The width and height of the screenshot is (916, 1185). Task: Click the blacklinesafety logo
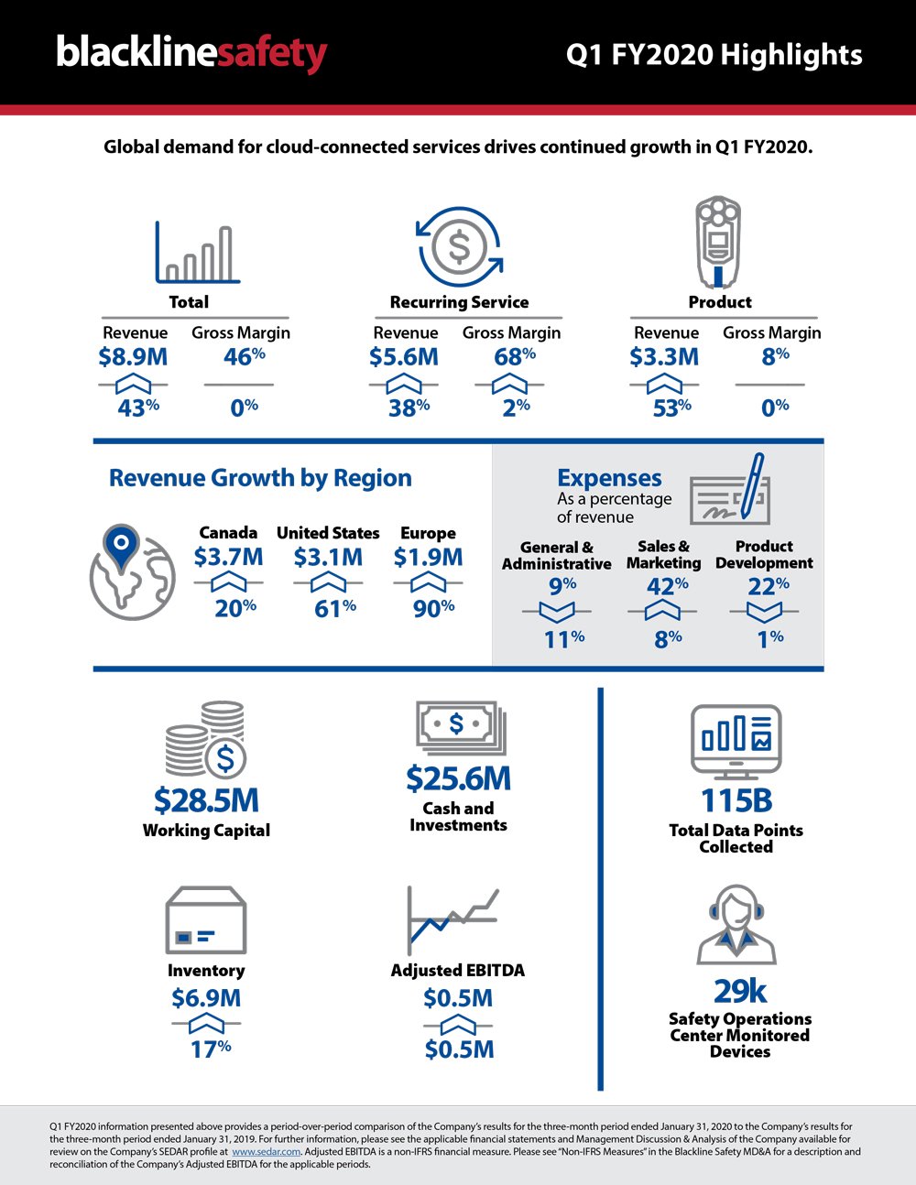(191, 53)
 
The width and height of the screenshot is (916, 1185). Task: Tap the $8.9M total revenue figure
(133, 357)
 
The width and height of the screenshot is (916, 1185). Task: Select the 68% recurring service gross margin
(514, 357)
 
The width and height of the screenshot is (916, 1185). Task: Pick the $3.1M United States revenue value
(328, 557)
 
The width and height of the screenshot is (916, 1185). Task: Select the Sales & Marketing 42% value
(667, 586)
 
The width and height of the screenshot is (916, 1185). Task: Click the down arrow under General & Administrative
(557, 612)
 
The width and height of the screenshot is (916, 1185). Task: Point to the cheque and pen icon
(733, 490)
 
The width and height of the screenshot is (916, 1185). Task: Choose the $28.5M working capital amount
(206, 800)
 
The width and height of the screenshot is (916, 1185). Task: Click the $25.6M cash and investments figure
(458, 778)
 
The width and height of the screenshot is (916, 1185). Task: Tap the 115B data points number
(736, 800)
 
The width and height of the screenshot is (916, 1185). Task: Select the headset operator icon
(736, 925)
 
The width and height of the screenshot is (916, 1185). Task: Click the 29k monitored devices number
(739, 991)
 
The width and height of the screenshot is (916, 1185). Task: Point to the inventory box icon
(205, 921)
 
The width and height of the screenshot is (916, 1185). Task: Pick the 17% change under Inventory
(210, 1049)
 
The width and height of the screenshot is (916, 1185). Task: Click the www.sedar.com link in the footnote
(267, 1152)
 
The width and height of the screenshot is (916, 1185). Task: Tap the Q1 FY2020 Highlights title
(714, 55)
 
